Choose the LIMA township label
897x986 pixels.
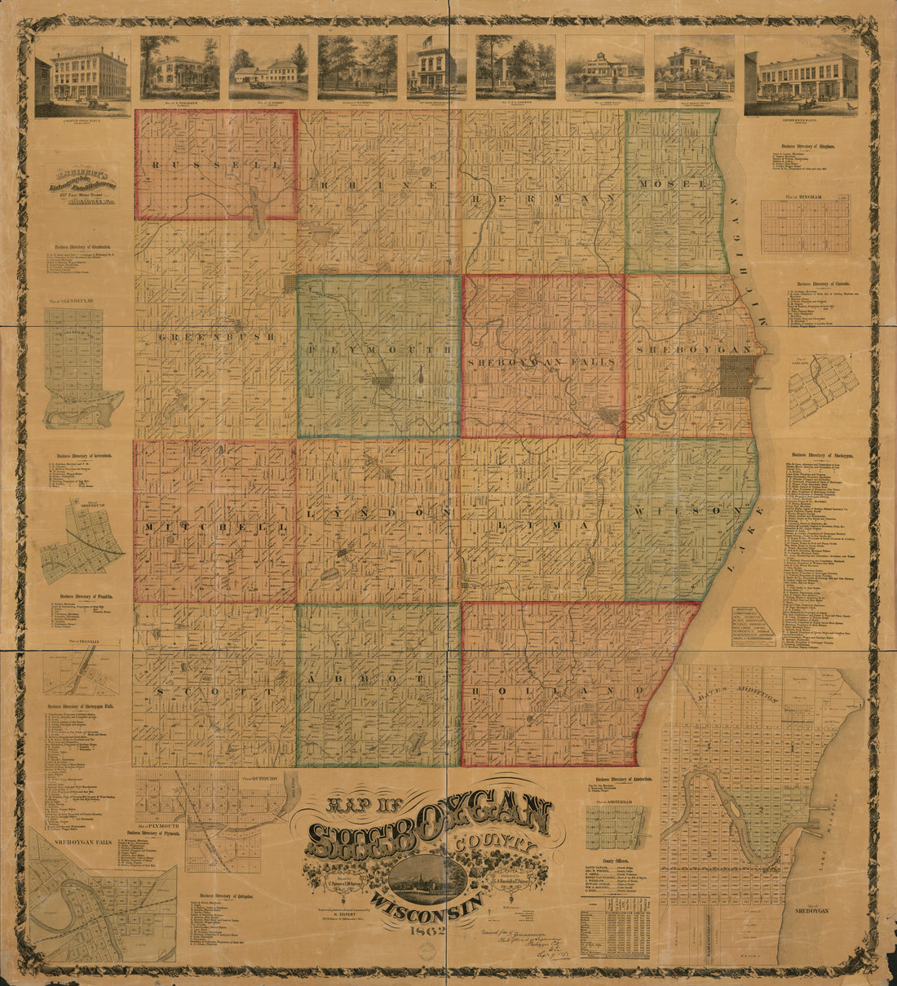coord(542,526)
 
